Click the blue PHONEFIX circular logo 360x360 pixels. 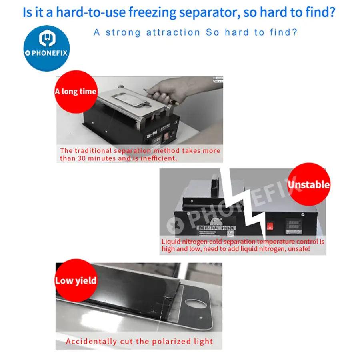47,48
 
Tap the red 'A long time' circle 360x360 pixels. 76,92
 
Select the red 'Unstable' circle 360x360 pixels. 308,184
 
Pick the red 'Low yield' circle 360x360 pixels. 76,280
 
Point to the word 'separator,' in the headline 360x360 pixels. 210,13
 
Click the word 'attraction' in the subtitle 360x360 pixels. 173,32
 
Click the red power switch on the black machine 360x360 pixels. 270,226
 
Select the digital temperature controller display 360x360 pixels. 294,226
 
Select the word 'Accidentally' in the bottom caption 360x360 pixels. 91,342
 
